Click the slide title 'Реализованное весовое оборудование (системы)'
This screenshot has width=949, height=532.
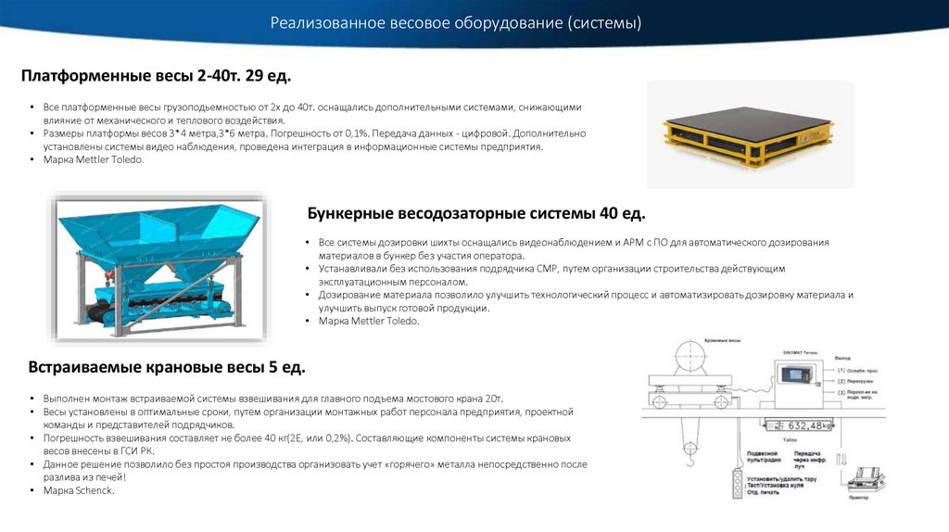(x=456, y=22)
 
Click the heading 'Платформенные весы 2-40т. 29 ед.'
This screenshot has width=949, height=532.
(x=162, y=75)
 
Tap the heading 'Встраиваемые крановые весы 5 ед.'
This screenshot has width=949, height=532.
(x=166, y=368)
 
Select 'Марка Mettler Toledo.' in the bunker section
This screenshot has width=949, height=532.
(x=369, y=321)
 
